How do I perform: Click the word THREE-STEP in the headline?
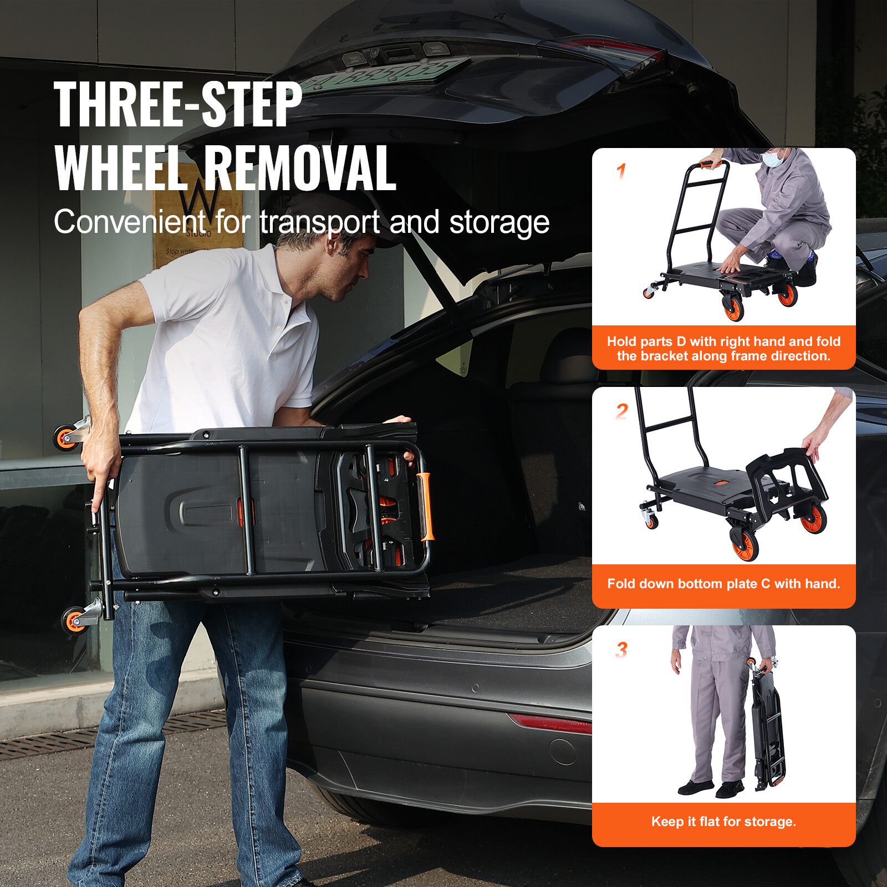pyautogui.click(x=178, y=104)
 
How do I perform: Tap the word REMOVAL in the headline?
pyautogui.click(x=300, y=169)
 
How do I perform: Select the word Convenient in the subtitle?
pyautogui.click(x=130, y=222)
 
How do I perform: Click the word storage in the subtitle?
pyautogui.click(x=499, y=222)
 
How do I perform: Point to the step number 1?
pyautogui.click(x=621, y=171)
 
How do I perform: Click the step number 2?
pyautogui.click(x=621, y=411)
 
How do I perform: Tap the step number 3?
pyautogui.click(x=621, y=650)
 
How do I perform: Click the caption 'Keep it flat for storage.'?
pyautogui.click(x=723, y=822)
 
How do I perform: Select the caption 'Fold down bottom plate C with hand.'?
pyautogui.click(x=723, y=584)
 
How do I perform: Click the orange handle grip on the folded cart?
pyautogui.click(x=426, y=506)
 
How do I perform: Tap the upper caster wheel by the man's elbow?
pyautogui.click(x=66, y=437)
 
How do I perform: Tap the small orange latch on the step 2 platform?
pyautogui.click(x=721, y=483)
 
